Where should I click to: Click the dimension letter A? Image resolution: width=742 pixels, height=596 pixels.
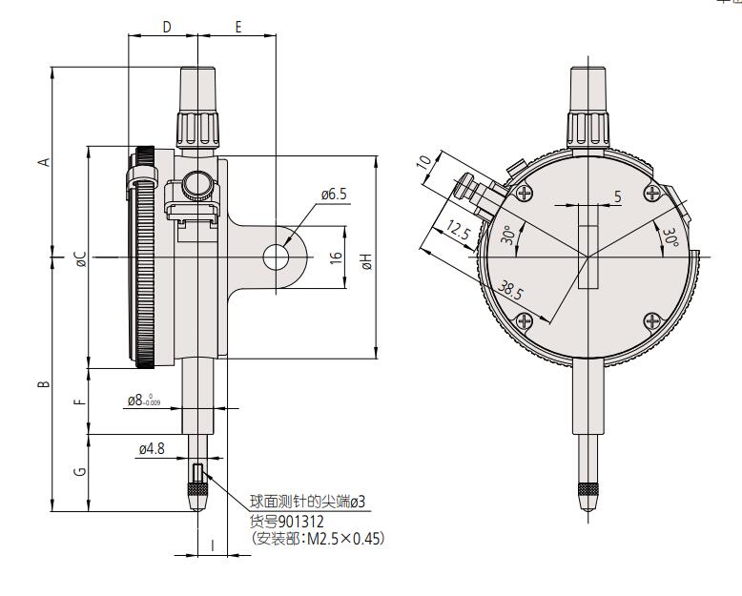coord(42,162)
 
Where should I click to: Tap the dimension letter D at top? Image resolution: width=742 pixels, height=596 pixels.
coord(166,28)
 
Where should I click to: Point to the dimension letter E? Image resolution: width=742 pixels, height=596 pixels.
coord(237,28)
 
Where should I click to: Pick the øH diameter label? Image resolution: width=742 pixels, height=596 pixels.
coord(366,257)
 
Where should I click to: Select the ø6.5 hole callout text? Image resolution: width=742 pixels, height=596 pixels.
coord(334,195)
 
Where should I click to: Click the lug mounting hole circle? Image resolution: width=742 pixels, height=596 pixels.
coord(277,257)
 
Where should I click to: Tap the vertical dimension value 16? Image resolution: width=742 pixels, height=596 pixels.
coord(335,257)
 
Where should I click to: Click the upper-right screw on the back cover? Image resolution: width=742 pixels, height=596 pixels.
coord(652,194)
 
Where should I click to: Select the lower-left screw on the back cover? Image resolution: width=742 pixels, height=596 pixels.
coord(524,322)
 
